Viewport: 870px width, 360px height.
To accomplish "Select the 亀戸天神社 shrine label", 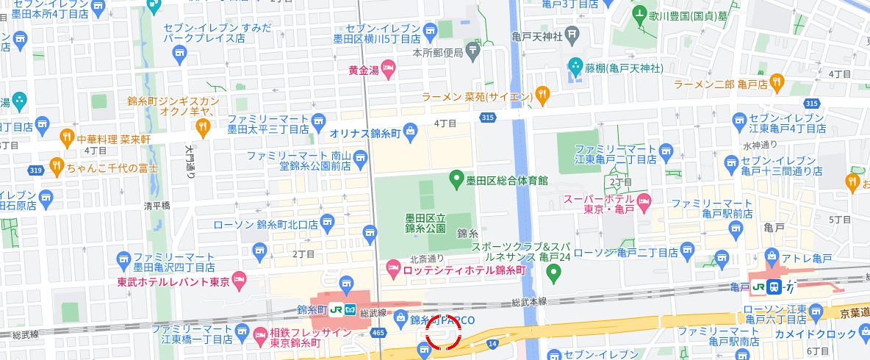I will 537,36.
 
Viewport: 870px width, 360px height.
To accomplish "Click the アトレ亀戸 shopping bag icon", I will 772,257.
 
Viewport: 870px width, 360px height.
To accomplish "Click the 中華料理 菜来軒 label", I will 115,138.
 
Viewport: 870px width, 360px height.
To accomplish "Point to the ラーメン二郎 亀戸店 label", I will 720,84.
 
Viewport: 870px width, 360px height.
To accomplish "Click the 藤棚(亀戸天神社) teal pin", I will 575,66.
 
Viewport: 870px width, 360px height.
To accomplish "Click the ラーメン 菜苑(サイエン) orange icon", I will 542,93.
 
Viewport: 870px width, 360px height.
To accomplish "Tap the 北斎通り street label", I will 427,259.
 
